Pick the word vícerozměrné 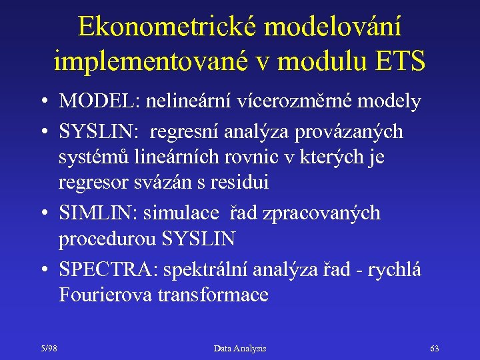(x=307, y=101)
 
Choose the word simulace (x=189, y=213)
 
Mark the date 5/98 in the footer (x=49, y=348)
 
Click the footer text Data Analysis (x=239, y=348)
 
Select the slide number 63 (x=435, y=348)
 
